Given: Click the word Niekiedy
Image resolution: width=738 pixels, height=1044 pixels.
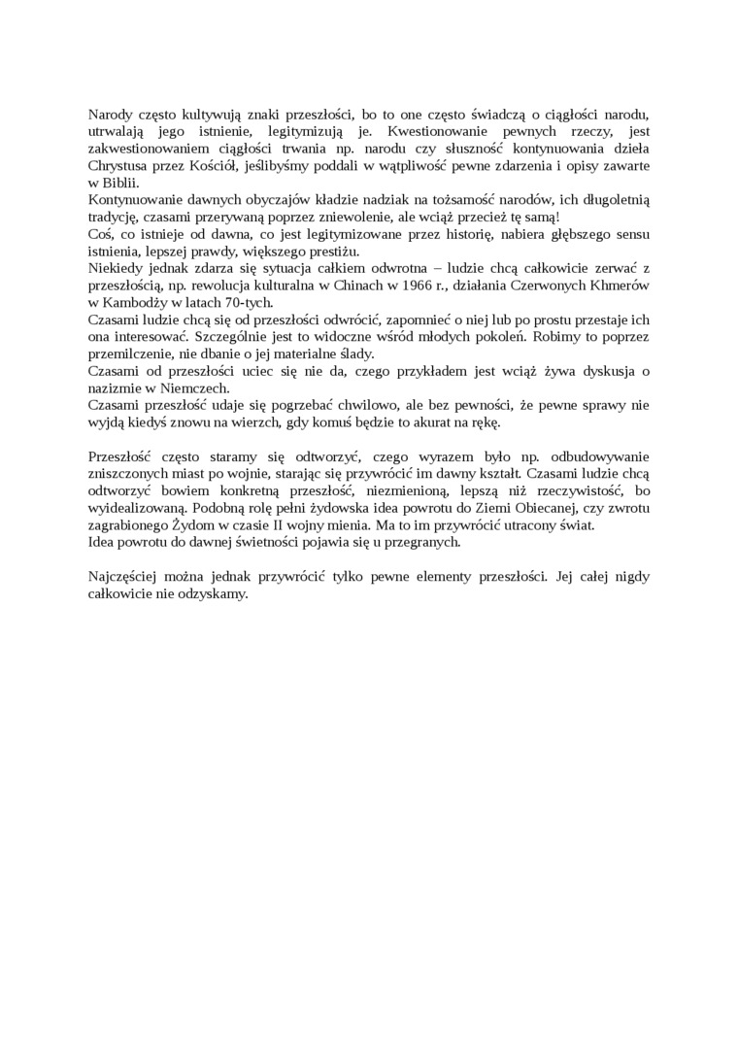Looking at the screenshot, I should [x=117, y=270].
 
